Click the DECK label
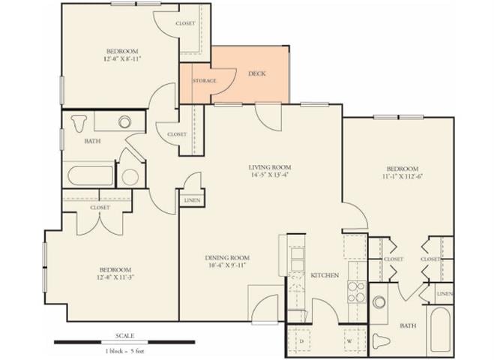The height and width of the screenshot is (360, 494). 256,73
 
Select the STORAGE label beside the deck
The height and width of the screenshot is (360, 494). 205,81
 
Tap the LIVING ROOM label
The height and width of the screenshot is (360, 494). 270,167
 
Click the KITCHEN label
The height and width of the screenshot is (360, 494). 325,275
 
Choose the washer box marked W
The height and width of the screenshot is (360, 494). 349,341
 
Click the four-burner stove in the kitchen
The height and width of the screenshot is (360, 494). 355,290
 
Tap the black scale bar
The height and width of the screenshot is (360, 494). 124,342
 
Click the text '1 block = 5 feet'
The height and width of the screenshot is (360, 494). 124,351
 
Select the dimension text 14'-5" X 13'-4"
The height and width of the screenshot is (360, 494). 270,176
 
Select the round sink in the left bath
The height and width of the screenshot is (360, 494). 124,121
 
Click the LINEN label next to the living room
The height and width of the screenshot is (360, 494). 190,200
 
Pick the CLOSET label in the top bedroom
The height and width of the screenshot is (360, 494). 185,23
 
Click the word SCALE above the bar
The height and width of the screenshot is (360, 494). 124,335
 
